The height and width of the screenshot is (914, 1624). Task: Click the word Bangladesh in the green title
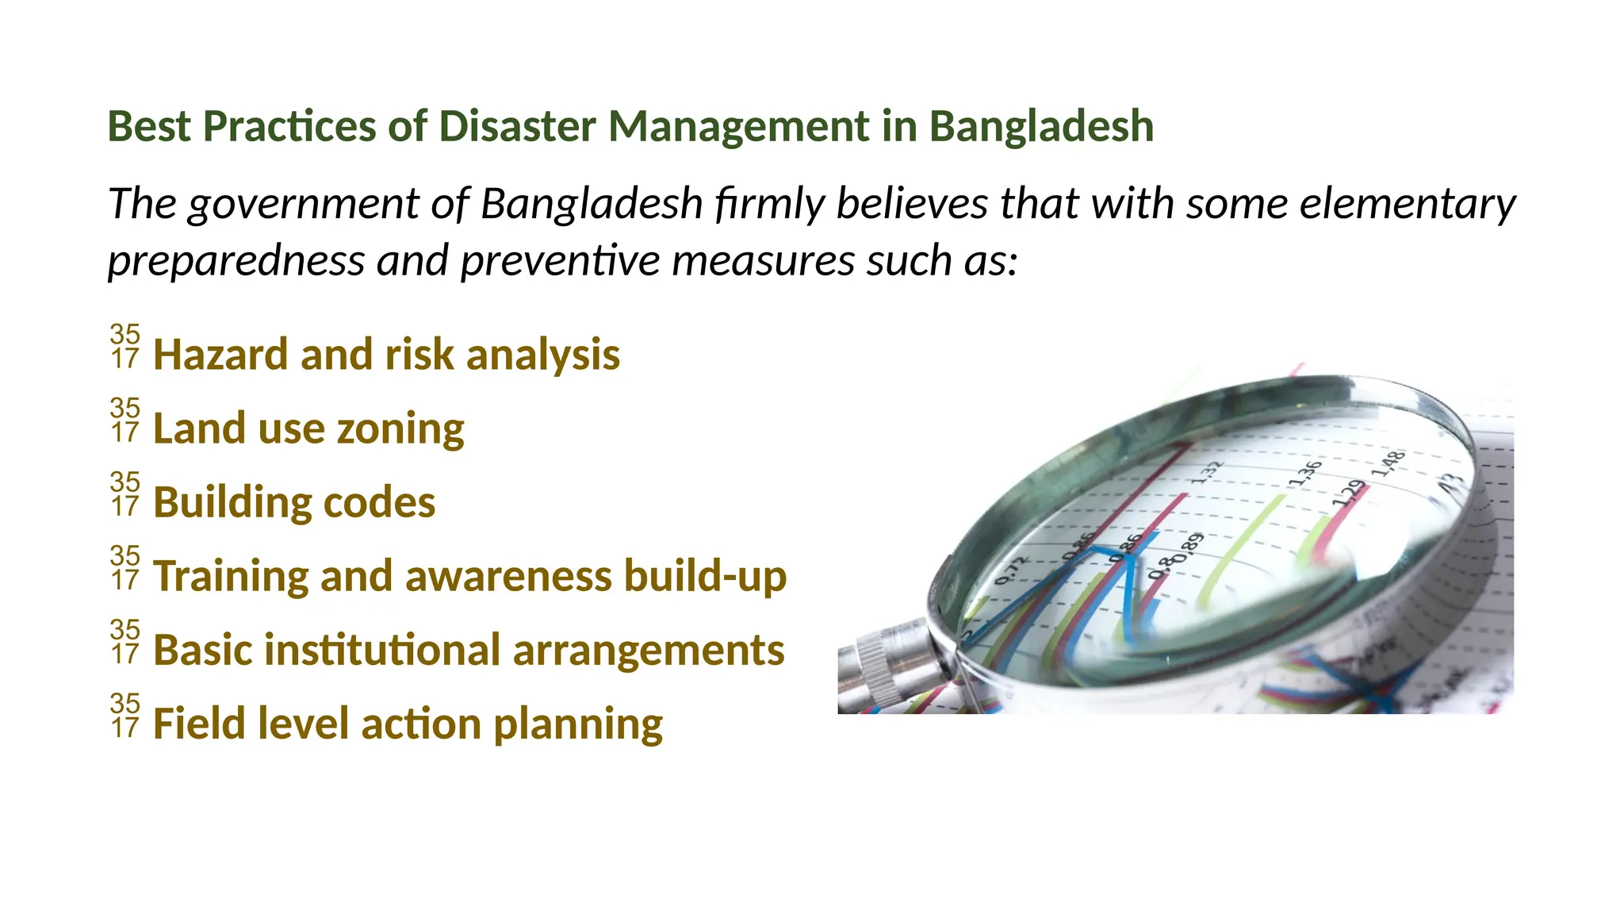[1040, 127]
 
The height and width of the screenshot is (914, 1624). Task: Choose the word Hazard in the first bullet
[220, 355]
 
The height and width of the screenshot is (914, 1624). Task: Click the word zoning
[400, 429]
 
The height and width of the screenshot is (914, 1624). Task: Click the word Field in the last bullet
[194, 724]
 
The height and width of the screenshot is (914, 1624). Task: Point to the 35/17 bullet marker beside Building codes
[125, 494]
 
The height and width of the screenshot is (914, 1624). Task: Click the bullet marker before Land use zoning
[125, 421]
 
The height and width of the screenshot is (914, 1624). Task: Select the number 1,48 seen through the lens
[1388, 463]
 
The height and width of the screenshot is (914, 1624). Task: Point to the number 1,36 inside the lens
[1304, 473]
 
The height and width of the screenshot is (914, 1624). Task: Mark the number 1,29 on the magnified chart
[1349, 493]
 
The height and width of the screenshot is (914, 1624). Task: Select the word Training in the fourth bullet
[231, 576]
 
